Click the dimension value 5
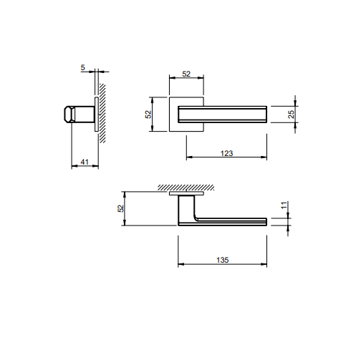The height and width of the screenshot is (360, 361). (82, 67)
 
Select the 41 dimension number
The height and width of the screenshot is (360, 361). (85, 162)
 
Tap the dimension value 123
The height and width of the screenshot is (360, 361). (226, 153)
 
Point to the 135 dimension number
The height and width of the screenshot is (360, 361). (223, 260)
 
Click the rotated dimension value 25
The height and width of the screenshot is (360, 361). (292, 115)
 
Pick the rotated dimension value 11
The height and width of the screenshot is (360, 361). (284, 205)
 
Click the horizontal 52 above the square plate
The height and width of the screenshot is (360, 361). (186, 74)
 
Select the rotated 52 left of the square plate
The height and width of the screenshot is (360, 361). (148, 115)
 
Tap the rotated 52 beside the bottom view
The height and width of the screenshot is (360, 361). (121, 208)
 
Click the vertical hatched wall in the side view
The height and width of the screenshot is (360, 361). (102, 113)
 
